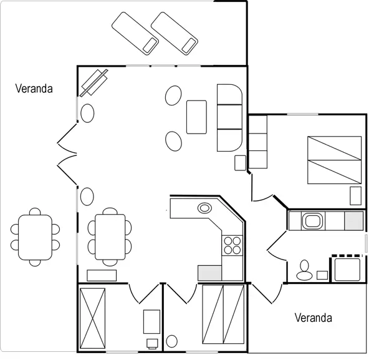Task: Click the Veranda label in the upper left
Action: [34, 89]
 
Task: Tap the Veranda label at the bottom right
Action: [313, 318]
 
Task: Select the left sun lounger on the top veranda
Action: [134, 32]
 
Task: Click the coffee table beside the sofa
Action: [196, 117]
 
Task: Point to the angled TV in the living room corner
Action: [94, 82]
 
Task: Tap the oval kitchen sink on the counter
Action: [204, 208]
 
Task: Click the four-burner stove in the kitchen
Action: [232, 245]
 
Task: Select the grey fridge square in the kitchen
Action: [209, 273]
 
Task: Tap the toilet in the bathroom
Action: [305, 269]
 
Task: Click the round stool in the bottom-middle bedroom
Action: [172, 341]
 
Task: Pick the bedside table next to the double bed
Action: [355, 196]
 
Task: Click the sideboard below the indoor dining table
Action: [102, 275]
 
